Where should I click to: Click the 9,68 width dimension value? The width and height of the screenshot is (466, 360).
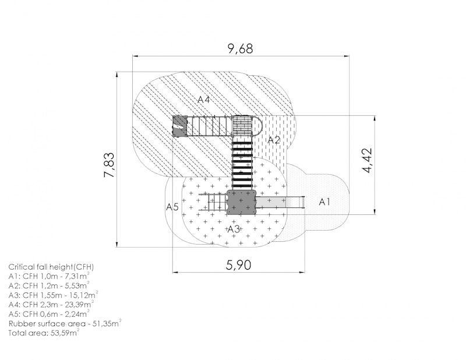240,48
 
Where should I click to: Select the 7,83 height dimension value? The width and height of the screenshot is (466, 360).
109,165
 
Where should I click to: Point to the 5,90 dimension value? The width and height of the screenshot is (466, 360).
238,265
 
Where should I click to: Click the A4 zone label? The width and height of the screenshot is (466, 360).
203,100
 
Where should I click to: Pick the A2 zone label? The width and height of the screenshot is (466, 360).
274,140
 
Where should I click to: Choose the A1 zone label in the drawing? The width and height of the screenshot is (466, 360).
324,202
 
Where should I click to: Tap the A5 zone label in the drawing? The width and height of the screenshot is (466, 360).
172,207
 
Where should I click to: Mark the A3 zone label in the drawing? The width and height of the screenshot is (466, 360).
234,229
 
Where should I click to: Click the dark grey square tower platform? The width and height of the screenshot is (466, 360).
241,203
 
